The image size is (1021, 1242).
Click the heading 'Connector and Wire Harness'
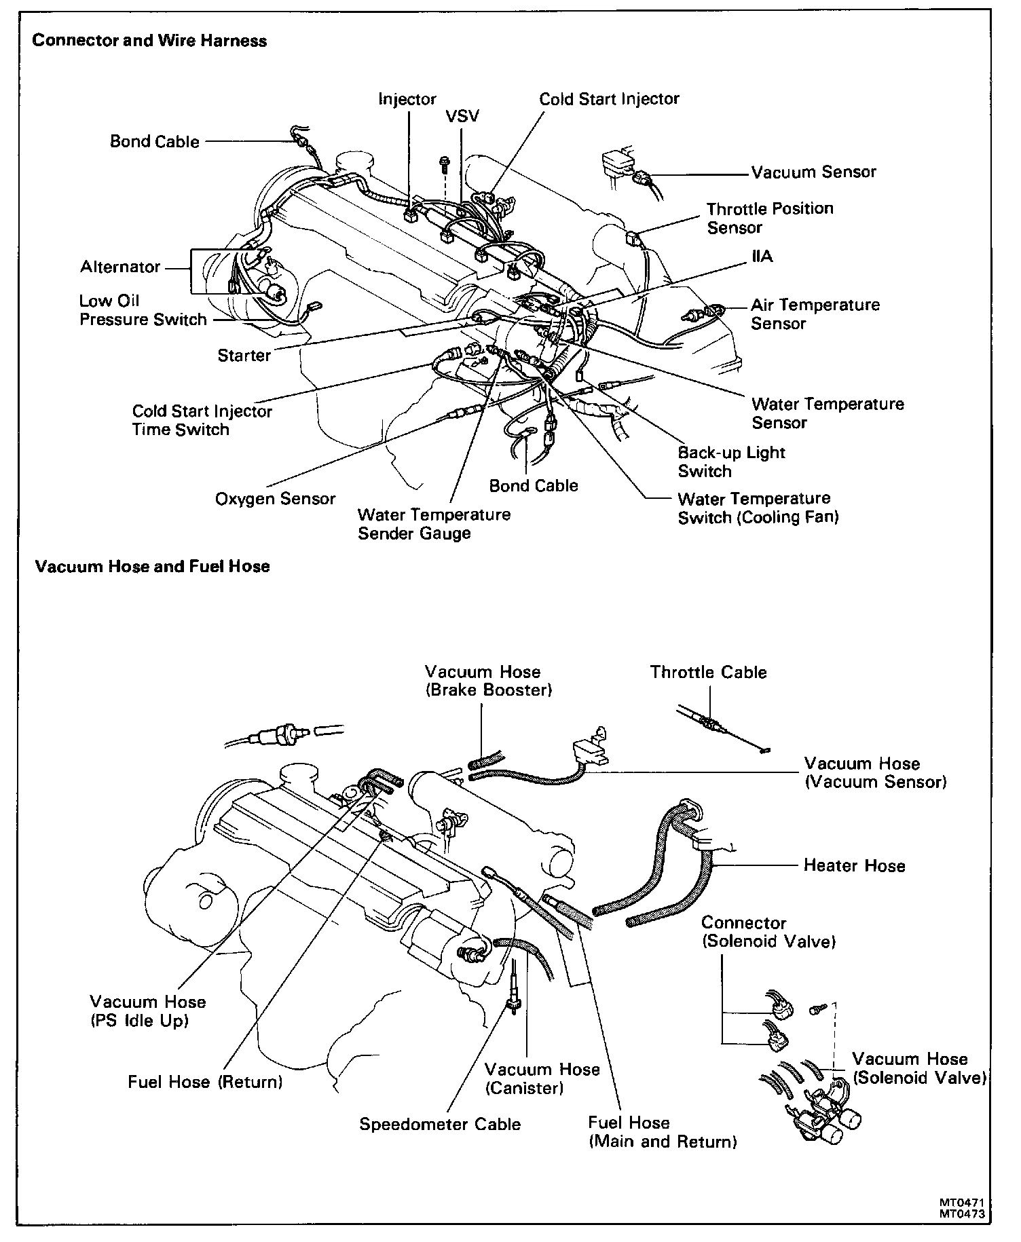[149, 41]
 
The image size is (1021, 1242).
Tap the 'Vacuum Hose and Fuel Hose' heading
[152, 566]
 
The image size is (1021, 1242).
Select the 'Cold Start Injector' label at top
[609, 99]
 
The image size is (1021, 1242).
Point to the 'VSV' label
[462, 116]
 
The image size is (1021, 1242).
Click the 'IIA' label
[762, 257]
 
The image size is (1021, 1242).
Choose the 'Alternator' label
[120, 267]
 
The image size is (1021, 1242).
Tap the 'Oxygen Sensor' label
[275, 499]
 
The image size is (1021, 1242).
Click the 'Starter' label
[244, 355]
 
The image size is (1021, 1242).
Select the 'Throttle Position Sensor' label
[769, 218]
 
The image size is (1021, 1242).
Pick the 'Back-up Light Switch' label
[730, 462]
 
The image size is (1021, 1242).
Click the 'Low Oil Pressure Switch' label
[143, 310]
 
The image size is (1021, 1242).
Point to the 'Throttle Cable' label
[708, 672]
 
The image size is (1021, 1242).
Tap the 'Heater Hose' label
[854, 865]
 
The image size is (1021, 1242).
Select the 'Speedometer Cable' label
[440, 1124]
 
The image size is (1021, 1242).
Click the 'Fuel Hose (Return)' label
[205, 1081]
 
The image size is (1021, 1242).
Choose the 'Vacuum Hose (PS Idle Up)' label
[147, 1011]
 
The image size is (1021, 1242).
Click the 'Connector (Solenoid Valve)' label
[768, 932]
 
